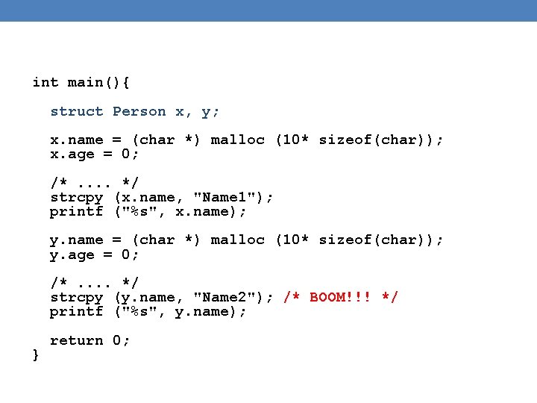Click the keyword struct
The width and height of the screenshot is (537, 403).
point(77,111)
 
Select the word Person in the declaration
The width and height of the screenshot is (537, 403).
point(139,111)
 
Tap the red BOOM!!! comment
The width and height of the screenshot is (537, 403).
point(342,297)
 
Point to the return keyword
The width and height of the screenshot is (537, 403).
point(77,340)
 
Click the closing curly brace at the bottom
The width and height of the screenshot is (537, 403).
point(37,355)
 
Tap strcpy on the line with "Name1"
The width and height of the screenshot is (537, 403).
point(77,197)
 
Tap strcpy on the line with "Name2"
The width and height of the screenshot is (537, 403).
point(77,297)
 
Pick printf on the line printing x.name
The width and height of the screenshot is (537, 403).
point(77,211)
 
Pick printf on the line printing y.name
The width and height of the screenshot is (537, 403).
point(77,311)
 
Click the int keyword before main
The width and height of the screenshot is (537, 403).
point(45,82)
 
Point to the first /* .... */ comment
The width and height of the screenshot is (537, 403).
point(95,183)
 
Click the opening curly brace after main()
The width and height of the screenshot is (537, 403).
point(135,82)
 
